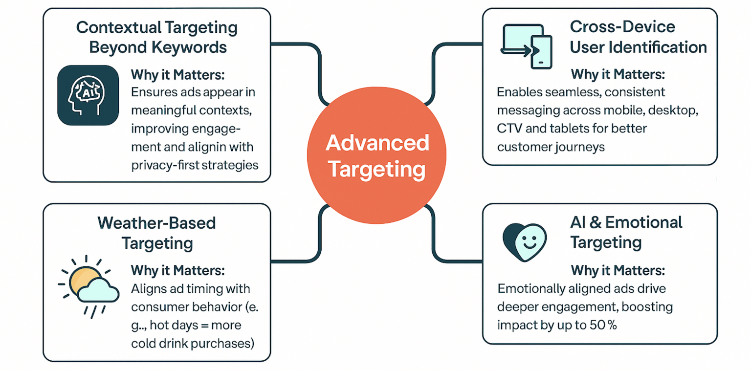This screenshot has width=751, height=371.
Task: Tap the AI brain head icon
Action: tap(88, 96)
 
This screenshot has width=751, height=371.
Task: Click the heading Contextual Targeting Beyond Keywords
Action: tap(157, 37)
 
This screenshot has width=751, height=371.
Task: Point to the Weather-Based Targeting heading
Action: tap(157, 233)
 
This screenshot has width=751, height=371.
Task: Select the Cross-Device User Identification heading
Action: tap(638, 37)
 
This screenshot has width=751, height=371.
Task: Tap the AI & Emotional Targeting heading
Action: tap(626, 232)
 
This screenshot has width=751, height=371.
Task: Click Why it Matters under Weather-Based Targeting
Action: tap(178, 270)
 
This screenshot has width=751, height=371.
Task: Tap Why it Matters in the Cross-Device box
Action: tap(618, 75)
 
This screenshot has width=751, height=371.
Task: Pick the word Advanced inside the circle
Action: tap(377, 143)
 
